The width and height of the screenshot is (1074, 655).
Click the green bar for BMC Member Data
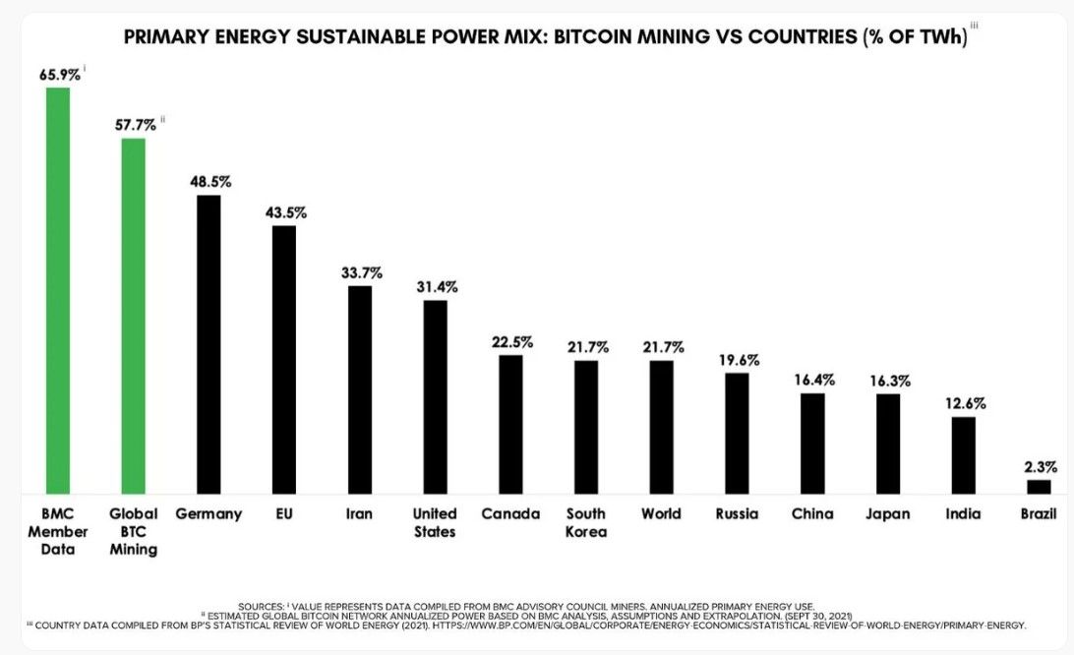58,290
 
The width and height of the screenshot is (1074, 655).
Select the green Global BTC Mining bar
134,316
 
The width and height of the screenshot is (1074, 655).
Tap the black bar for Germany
209,344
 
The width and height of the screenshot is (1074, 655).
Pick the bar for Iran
360,389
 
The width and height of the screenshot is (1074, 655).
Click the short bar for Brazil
1039,486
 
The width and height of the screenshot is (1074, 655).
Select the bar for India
963,454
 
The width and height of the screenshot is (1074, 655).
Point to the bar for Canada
510,424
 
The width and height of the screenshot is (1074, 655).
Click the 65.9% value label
59,74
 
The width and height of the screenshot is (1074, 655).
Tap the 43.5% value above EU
285,212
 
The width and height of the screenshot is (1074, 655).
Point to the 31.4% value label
436,286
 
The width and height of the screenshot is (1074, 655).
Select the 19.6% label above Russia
738,359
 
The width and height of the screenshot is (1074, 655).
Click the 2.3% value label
1039,466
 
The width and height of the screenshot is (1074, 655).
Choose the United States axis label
435,522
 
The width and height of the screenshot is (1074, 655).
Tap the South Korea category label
586,522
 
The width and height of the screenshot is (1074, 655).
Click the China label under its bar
811,513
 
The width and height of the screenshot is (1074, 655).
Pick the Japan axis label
887,513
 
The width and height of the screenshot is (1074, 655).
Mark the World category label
661,513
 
